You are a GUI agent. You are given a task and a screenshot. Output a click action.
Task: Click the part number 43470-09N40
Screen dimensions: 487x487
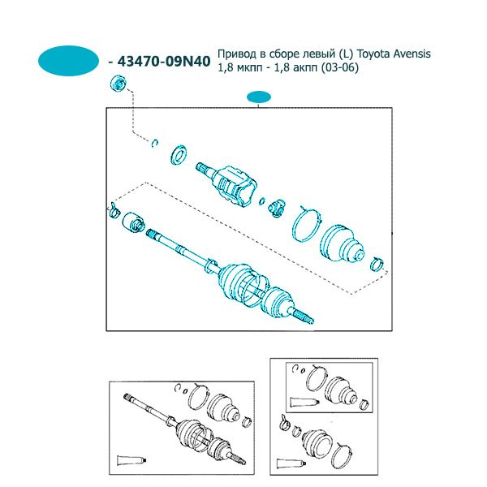tap(164, 61)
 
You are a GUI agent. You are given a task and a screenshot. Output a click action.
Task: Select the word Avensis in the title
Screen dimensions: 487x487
tap(412, 54)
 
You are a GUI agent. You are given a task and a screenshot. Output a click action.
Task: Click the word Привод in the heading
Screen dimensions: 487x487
tap(237, 54)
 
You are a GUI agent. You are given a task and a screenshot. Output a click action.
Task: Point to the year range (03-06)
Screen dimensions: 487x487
tap(340, 67)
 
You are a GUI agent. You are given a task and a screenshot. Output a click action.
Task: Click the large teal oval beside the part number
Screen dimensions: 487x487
tap(68, 61)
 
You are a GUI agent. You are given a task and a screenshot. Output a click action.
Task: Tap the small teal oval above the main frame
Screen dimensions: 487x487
tap(259, 97)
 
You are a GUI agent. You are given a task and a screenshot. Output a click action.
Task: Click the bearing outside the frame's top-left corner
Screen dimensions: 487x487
tap(119, 84)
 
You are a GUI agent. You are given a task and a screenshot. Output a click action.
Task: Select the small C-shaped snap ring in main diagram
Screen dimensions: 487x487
tap(155, 143)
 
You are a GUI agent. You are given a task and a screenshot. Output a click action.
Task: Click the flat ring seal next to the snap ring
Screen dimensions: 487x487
tap(179, 154)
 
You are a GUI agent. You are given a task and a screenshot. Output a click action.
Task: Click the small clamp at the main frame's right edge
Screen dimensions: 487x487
tap(377, 264)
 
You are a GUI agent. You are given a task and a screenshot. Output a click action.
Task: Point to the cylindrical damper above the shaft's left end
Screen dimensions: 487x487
tap(134, 222)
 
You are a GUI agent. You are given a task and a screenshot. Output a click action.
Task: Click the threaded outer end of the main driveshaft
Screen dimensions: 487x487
tap(303, 317)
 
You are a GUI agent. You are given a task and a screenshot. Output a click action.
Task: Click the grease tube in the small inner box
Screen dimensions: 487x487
tap(304, 403)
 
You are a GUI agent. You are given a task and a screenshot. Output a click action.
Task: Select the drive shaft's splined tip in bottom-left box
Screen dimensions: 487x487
tap(127, 397)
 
